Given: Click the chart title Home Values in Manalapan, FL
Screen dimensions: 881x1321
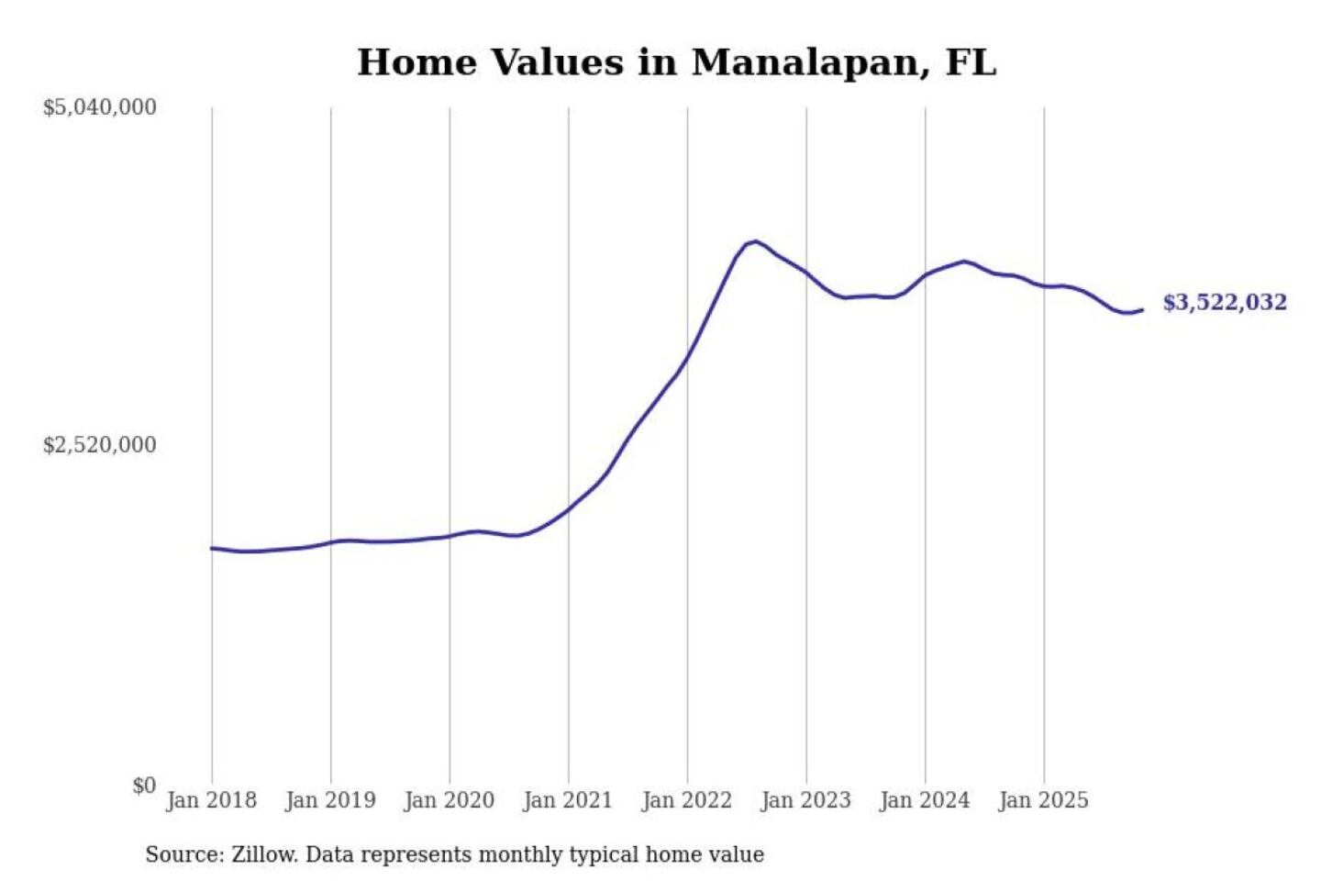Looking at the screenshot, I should (676, 62).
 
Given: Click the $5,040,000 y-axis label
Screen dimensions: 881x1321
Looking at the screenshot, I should (99, 107).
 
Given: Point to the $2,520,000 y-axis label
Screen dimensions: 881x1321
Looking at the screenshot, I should (99, 445).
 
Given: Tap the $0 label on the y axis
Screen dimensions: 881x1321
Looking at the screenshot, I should (144, 786).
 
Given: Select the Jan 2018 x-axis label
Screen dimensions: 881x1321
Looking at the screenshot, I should (211, 800).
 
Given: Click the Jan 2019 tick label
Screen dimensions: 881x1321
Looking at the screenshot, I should (330, 800).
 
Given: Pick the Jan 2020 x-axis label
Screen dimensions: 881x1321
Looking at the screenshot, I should (449, 800).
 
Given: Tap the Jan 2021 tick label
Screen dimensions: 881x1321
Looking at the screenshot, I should (567, 800).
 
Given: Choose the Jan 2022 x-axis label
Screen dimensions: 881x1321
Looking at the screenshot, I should (686, 800).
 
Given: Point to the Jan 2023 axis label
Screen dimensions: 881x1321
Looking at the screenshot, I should (805, 800).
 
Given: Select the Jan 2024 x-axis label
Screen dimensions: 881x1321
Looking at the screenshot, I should (924, 800).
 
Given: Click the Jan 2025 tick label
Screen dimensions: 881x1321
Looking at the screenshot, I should (1043, 800).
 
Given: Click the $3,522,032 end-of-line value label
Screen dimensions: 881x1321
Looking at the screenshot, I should (1225, 302).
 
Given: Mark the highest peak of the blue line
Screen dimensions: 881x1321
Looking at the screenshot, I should (754, 241).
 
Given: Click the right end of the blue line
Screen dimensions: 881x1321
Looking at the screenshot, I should (1142, 310).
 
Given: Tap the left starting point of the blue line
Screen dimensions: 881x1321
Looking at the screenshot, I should (212, 548).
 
